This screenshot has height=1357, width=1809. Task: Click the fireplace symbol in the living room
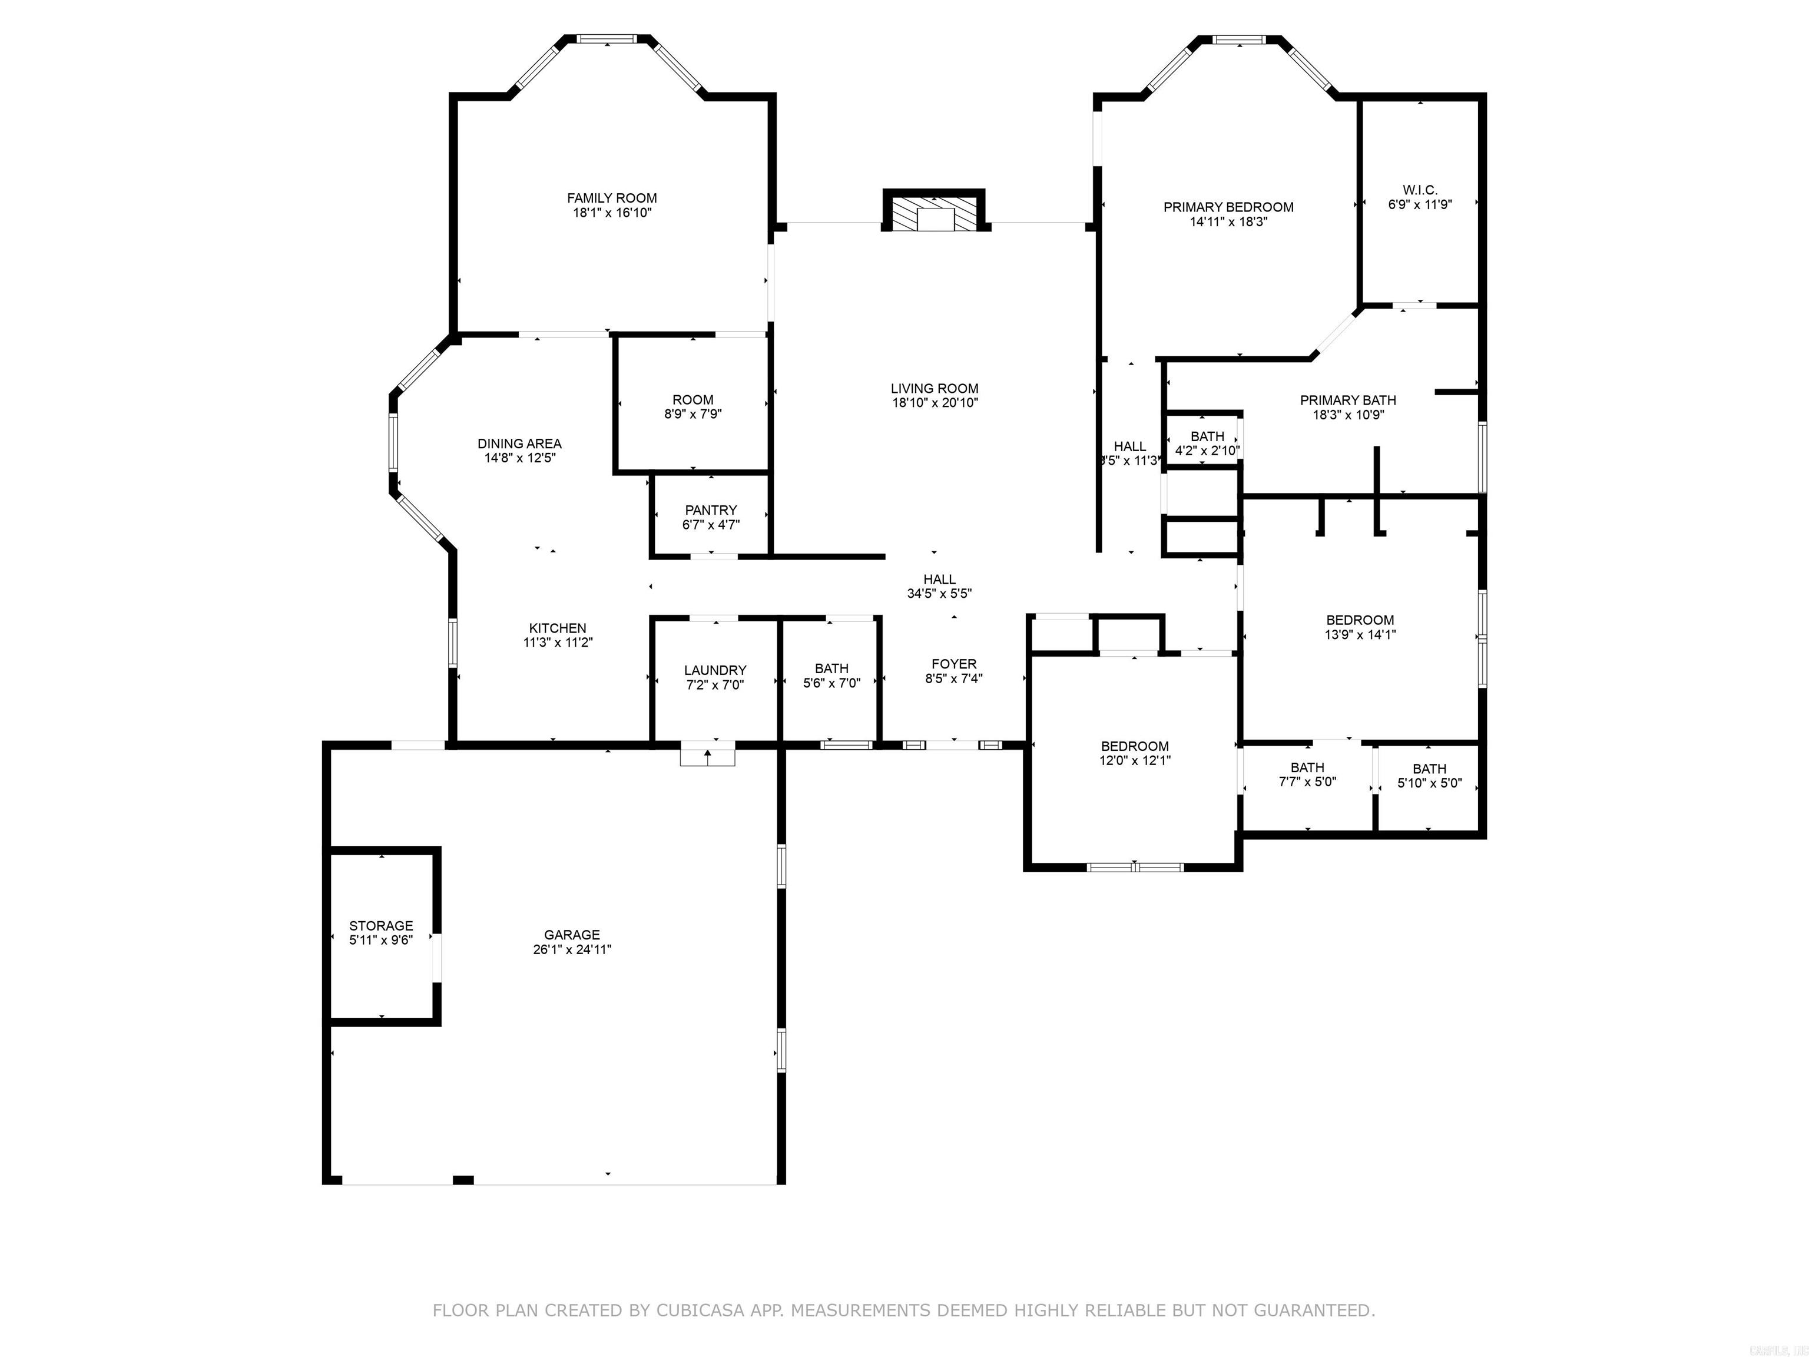933,214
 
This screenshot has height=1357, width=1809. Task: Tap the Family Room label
612,198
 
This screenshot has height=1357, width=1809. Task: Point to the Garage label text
572,935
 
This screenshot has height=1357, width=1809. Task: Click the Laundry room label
715,670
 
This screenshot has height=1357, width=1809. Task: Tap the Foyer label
953,664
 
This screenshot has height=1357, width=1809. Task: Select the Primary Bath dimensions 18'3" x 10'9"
1348,415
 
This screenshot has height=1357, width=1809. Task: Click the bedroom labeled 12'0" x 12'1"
1134,753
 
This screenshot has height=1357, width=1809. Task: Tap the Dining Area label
519,443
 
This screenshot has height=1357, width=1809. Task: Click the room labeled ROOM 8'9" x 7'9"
693,406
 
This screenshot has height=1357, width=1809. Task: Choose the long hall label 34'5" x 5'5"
939,594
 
